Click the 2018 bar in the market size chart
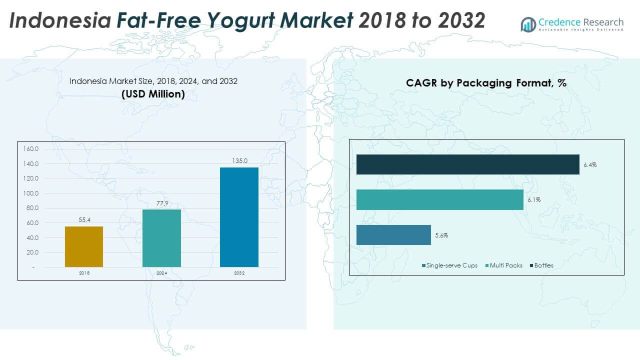(x=84, y=246)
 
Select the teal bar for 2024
(x=161, y=238)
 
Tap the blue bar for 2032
(x=239, y=217)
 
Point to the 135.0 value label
(x=239, y=161)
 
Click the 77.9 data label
(x=161, y=203)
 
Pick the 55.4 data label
(x=84, y=220)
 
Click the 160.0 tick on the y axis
(x=31, y=149)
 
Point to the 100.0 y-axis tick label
(x=31, y=193)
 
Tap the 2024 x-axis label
(x=161, y=273)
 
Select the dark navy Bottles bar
(x=467, y=164)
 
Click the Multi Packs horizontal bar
(x=439, y=199)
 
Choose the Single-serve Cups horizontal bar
(x=393, y=235)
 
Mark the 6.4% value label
(x=590, y=164)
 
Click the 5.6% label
(x=441, y=235)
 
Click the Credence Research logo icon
(x=528, y=24)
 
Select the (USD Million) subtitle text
(x=153, y=93)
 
